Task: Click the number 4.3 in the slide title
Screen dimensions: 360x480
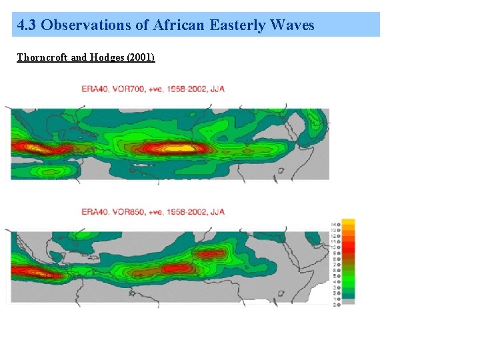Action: [27, 26]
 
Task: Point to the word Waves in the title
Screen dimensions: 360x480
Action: [292, 26]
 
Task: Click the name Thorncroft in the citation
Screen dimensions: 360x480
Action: [42, 57]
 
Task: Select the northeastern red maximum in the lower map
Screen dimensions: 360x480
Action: [210, 253]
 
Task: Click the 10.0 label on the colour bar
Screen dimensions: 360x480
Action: [337, 247]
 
